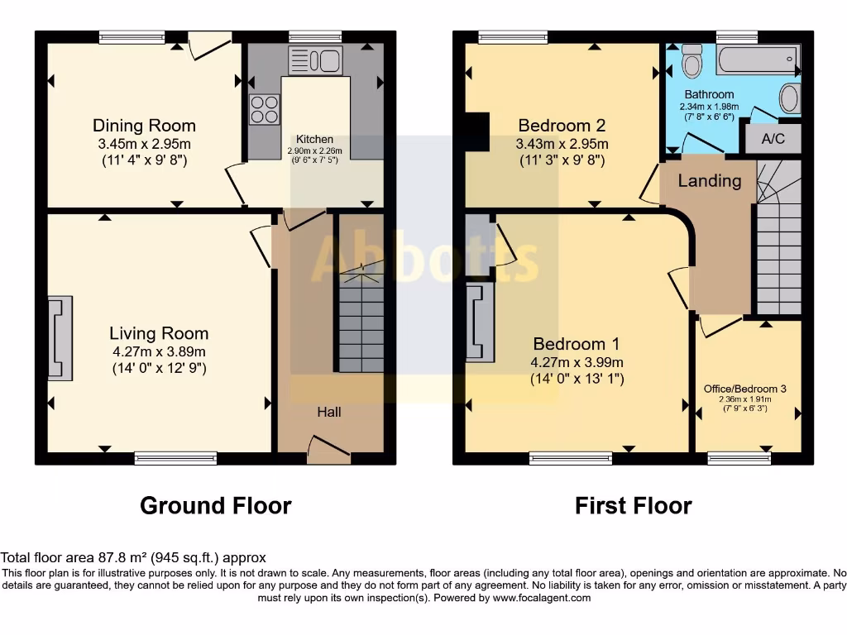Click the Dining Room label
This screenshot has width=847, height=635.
tap(144, 126)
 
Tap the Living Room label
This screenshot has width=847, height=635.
tap(159, 333)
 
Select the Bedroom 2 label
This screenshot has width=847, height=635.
tap(562, 126)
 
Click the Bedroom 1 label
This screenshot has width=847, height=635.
tap(577, 344)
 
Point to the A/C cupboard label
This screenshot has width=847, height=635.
tap(773, 139)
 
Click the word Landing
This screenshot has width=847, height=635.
tap(710, 181)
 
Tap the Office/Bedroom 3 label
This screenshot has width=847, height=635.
tap(745, 389)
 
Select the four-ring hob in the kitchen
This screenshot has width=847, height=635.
tap(264, 110)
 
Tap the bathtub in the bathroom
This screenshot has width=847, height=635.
tap(757, 60)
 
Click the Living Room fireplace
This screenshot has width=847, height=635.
tap(60, 337)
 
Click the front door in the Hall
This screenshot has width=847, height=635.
tap(328, 451)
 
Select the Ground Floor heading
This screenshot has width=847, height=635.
tap(215, 505)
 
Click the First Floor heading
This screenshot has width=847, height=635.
tap(633, 505)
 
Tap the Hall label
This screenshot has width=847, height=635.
tap(329, 412)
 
